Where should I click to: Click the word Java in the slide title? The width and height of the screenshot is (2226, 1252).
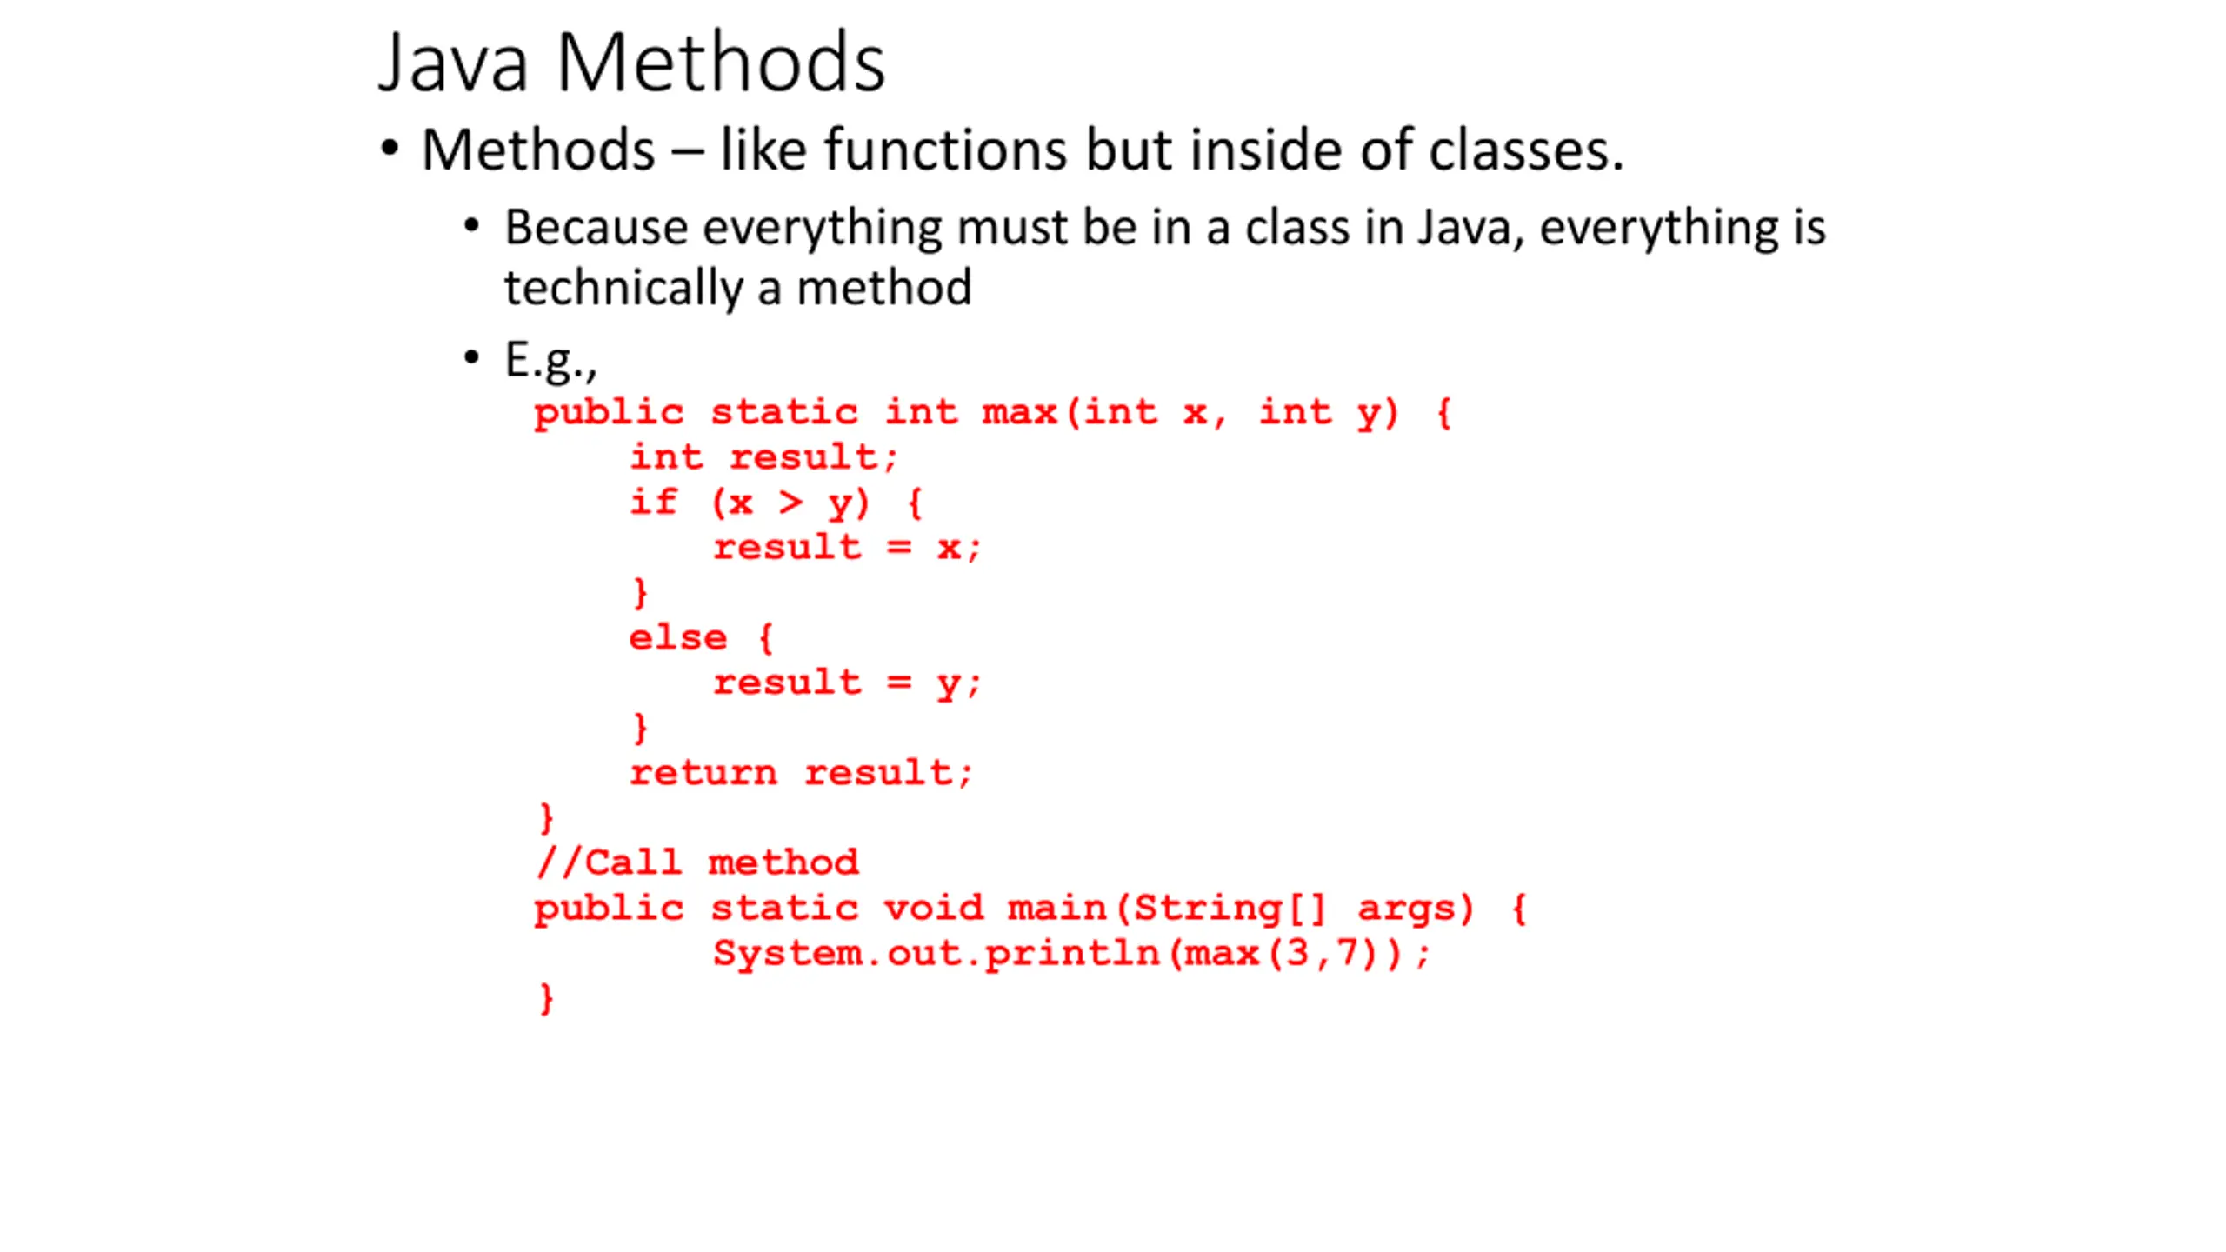(x=453, y=63)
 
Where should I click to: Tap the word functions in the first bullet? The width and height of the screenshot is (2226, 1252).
(x=946, y=150)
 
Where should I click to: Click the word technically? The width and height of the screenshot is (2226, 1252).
(x=623, y=288)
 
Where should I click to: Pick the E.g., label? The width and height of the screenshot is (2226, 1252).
(x=551, y=360)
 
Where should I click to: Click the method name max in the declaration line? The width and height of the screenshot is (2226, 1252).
(x=1019, y=412)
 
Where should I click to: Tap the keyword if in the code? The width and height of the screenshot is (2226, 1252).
(x=653, y=502)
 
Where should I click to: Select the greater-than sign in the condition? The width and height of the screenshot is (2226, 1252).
(x=790, y=503)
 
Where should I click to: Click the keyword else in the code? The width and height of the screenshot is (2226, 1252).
(x=677, y=637)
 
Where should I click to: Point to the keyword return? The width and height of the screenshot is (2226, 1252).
(x=703, y=773)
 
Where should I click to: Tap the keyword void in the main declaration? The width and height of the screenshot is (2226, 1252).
(x=934, y=908)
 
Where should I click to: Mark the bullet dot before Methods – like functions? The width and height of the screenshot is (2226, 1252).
(x=390, y=148)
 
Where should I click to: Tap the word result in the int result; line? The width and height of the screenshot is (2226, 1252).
(x=804, y=456)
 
